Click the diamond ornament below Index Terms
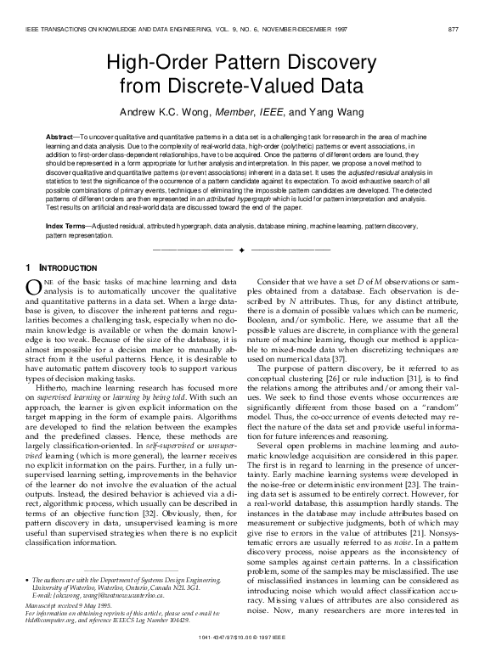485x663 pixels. point(241,251)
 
